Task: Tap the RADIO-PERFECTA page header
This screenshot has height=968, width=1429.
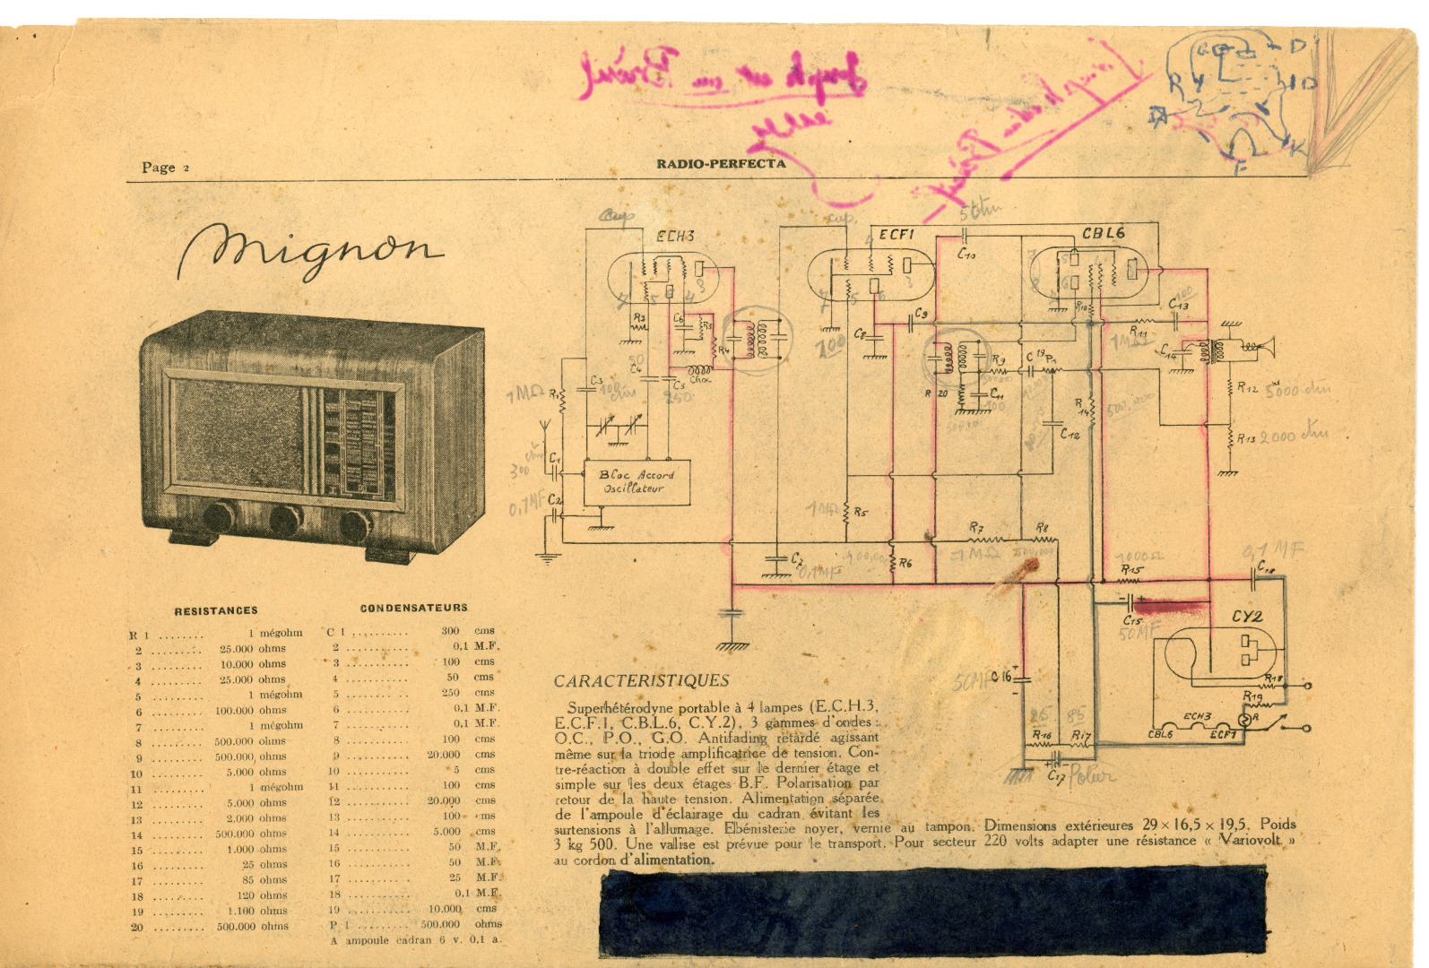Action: (721, 164)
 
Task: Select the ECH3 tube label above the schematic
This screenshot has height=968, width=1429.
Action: (675, 237)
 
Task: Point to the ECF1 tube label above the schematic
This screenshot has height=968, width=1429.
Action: (896, 235)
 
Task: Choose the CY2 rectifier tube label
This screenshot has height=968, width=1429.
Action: (1246, 617)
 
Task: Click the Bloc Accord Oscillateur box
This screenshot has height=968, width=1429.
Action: (637, 482)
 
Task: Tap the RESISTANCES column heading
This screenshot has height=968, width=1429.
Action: (216, 611)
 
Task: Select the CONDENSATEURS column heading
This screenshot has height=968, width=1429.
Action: (413, 609)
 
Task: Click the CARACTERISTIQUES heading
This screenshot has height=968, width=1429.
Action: (641, 681)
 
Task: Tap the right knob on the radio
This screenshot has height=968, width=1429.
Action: (356, 525)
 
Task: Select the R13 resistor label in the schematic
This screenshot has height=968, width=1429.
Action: (1246, 438)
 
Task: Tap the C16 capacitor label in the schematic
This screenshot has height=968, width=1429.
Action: (1001, 677)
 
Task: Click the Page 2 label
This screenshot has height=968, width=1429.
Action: (165, 168)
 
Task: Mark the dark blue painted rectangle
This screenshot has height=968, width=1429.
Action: (932, 912)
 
